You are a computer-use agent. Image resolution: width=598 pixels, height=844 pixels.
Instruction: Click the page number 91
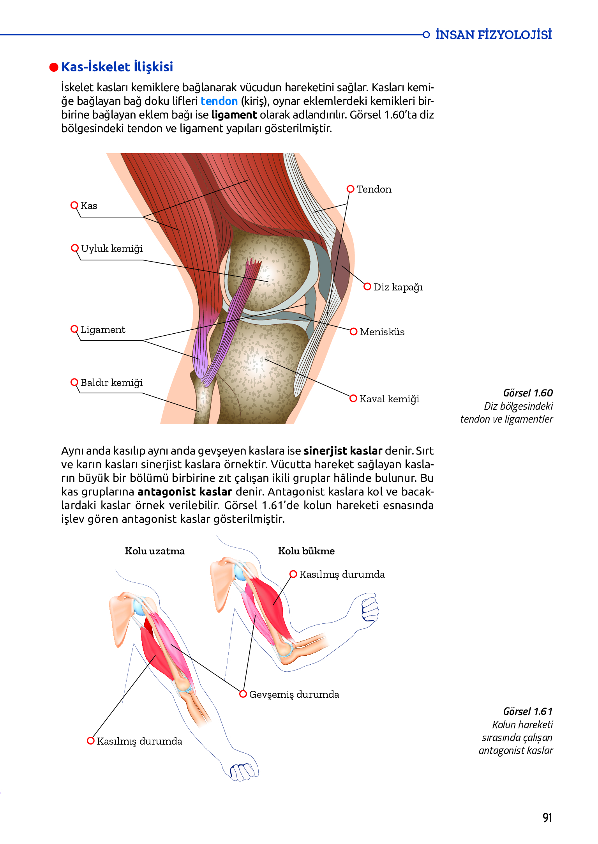point(547,817)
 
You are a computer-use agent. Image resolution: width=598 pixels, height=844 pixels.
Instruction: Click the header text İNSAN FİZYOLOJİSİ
point(493,35)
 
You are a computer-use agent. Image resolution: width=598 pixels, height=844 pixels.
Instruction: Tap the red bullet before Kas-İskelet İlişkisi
point(54,67)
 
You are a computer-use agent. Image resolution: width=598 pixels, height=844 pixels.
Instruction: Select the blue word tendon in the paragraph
point(219,101)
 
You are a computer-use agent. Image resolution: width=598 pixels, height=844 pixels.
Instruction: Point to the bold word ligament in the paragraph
point(234,115)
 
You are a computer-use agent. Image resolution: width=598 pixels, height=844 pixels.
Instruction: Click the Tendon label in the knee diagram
point(374,189)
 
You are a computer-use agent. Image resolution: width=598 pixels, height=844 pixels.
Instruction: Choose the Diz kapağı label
point(398,287)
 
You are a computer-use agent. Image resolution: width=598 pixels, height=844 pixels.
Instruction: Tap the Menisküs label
point(382,332)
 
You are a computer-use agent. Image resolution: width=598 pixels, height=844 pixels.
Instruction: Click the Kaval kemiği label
point(389,399)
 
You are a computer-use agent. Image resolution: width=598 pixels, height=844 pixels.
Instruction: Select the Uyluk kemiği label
point(111,249)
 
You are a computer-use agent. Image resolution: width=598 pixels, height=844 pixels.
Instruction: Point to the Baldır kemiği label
point(111,383)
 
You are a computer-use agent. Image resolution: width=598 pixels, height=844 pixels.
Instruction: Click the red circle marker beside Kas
point(74,205)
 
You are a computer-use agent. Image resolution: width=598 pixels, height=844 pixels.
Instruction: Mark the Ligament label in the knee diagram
point(103,330)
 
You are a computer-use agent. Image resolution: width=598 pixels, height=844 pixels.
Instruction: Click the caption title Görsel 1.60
point(528,393)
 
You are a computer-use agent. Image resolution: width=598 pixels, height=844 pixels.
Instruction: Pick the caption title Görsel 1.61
point(528,711)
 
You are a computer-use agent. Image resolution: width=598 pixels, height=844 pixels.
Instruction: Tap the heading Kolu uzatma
point(155,551)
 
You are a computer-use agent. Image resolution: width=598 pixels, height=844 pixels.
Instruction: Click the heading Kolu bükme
point(306,551)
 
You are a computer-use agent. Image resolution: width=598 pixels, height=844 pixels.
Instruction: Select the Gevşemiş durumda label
point(294,695)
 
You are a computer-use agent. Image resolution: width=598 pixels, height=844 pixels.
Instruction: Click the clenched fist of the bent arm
point(370,608)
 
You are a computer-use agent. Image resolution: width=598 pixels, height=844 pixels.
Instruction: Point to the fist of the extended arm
point(244,771)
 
